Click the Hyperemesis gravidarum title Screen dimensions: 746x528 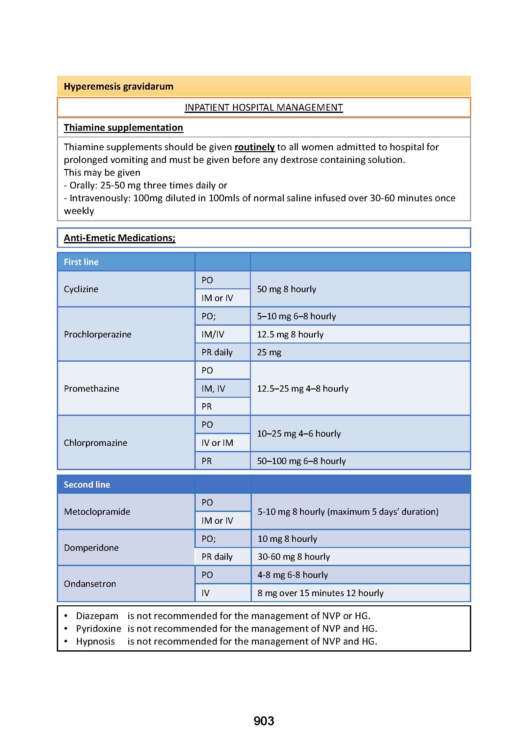[x=118, y=86]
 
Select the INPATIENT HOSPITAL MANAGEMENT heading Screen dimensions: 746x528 [x=264, y=107]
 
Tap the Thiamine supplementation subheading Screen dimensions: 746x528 [x=123, y=128]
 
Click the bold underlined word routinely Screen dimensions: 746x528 [x=254, y=147]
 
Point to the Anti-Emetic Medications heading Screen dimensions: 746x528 [x=119, y=238]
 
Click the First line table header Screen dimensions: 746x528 [x=81, y=262]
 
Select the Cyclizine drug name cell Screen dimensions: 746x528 [x=81, y=289]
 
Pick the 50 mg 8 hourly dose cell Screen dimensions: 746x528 [x=286, y=289]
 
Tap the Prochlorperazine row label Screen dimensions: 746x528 [x=98, y=334]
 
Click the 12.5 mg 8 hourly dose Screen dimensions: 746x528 [x=290, y=334]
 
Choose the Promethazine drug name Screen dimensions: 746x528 [x=92, y=388]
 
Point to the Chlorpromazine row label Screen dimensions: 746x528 [x=95, y=443]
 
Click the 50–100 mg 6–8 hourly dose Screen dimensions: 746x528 [x=301, y=461]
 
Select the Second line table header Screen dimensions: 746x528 [x=87, y=484]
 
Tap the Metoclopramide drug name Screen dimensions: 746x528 [x=97, y=512]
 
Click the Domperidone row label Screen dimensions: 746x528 [x=91, y=548]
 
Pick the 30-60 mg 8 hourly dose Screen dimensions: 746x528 [x=294, y=557]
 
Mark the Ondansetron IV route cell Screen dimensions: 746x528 [x=206, y=593]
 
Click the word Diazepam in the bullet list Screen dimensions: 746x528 [x=97, y=616]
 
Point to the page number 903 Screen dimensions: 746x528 [x=264, y=721]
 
